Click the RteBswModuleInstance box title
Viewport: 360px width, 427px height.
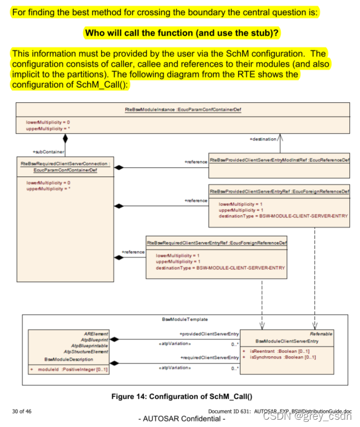click(183, 109)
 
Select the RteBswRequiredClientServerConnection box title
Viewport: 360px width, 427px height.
click(65, 167)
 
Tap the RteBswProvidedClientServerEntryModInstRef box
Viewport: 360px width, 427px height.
click(279, 160)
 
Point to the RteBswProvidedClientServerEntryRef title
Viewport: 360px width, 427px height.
click(279, 192)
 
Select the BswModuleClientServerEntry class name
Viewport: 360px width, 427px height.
click(286, 340)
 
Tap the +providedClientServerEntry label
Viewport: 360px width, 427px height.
click(209, 334)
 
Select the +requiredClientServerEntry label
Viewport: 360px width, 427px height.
click(209, 357)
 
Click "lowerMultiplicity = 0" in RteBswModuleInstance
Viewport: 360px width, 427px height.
click(48, 121)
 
